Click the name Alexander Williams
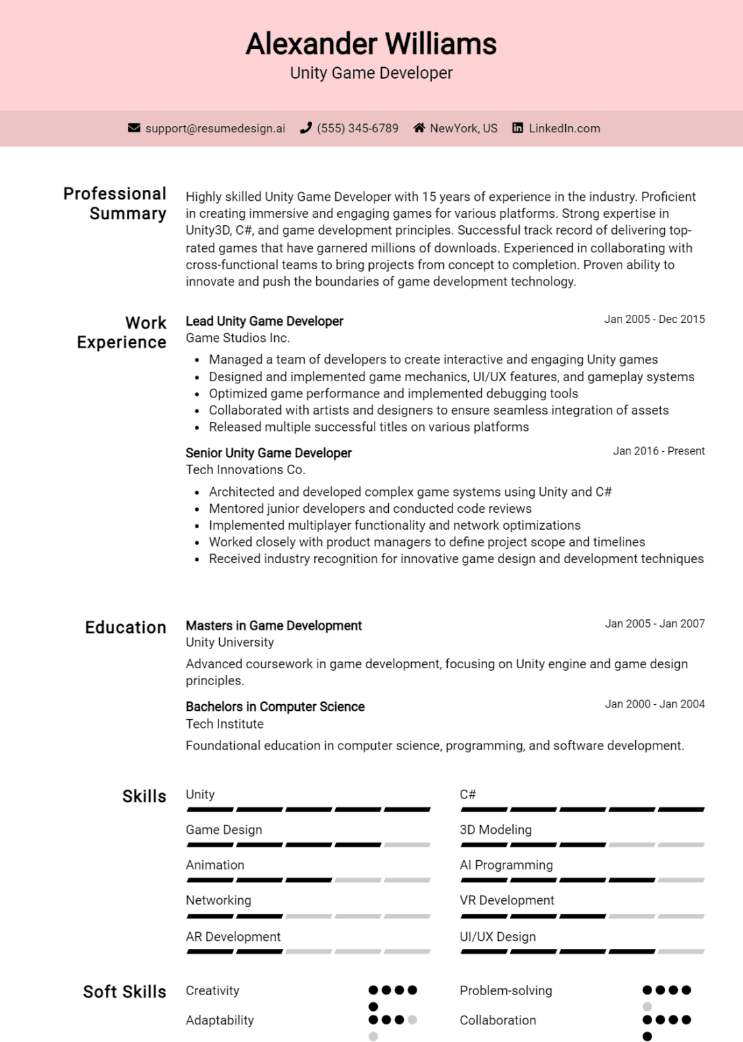click(371, 44)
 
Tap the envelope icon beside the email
click(134, 128)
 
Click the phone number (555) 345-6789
click(358, 128)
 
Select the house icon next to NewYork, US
click(419, 128)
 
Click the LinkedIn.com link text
click(564, 128)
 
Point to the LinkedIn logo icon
click(518, 128)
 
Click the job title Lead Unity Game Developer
click(265, 321)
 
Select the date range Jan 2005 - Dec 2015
click(654, 319)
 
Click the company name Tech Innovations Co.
click(246, 469)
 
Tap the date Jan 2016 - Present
click(658, 451)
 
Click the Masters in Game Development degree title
click(273, 625)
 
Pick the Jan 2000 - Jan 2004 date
click(654, 704)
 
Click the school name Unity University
click(230, 642)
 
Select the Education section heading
click(126, 628)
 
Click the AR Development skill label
click(233, 936)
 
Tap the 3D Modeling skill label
click(495, 830)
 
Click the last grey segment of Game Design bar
click(407, 845)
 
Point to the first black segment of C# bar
click(484, 809)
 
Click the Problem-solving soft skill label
click(506, 990)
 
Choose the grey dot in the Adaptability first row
click(413, 1020)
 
